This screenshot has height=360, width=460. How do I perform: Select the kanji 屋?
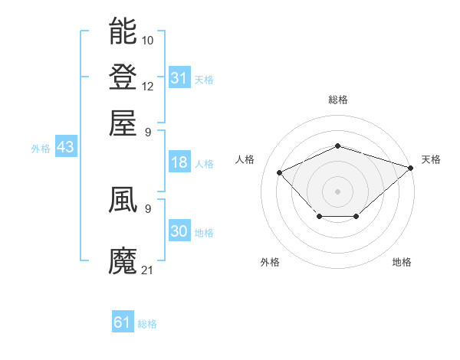pos(123,123)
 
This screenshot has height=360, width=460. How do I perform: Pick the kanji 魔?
pos(123,260)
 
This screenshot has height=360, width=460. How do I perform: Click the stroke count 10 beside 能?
pos(148,39)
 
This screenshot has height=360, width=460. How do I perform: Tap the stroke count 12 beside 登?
pos(148,86)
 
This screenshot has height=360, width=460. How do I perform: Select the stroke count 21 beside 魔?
pos(148,270)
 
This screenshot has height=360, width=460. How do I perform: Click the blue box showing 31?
pos(179,78)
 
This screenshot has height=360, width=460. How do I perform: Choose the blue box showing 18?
pos(179,162)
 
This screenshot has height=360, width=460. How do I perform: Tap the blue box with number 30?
pos(179,231)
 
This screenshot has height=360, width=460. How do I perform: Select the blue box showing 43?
pos(65,148)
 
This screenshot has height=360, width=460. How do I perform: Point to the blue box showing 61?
pos(123,322)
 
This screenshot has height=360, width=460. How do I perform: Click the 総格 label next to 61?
pos(147,324)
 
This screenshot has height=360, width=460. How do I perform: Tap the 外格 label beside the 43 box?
pos(41,149)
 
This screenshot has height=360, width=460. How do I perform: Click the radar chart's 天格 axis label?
pos(431,159)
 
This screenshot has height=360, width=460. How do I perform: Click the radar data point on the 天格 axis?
pos(412,167)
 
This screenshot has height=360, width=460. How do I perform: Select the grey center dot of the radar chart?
pos(337,191)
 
